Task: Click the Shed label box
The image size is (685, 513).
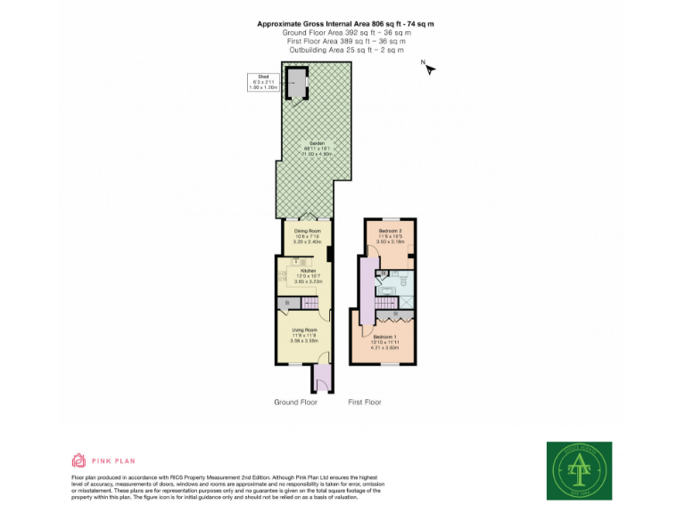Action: tap(264, 83)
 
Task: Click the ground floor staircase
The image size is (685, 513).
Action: tap(309, 305)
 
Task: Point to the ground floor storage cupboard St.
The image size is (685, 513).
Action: tap(286, 305)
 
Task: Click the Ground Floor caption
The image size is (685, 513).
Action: tap(295, 403)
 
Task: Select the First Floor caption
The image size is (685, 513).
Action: tap(364, 403)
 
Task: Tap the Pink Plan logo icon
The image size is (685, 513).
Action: tap(78, 460)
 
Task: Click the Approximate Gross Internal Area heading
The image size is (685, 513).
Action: tap(345, 23)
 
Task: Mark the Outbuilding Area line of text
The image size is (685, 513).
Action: tap(345, 50)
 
